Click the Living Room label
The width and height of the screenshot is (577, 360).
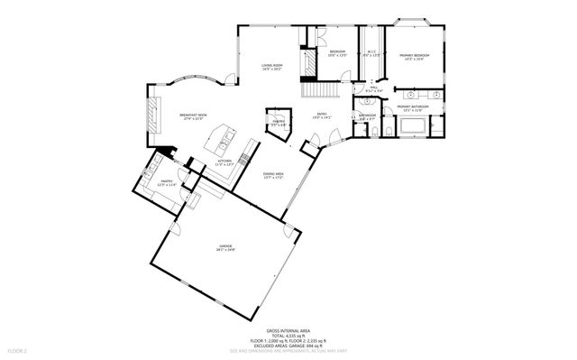(272, 67)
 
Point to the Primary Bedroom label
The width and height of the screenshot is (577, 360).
(416, 56)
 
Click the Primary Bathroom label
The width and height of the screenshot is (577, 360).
(411, 107)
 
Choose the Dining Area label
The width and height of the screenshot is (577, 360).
(273, 176)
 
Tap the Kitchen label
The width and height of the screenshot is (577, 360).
(224, 163)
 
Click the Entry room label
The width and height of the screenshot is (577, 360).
(321, 115)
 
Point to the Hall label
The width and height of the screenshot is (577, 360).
(373, 89)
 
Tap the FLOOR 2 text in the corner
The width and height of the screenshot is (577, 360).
(16, 349)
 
